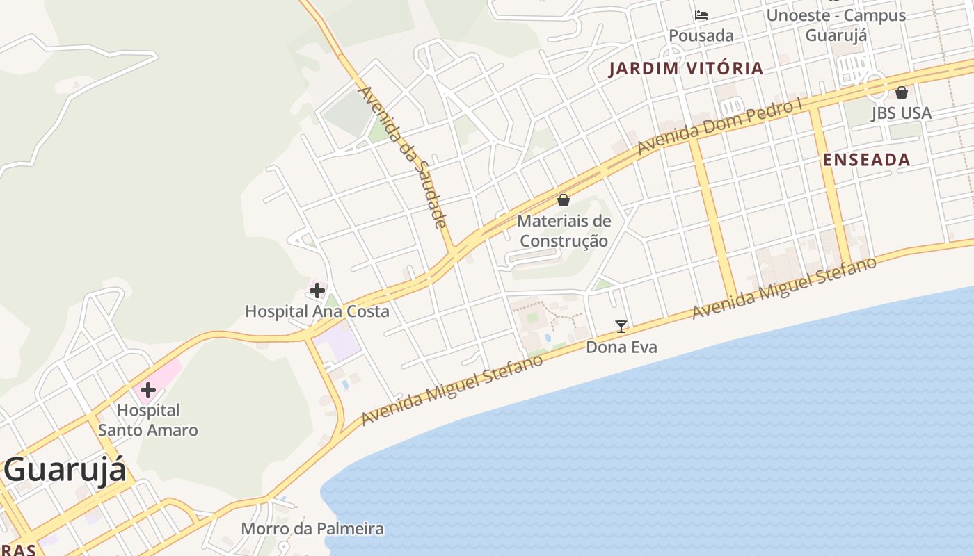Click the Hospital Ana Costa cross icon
317,290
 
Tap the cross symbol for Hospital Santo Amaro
147,389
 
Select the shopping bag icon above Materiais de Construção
564,200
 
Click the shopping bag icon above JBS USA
902,92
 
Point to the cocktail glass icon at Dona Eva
621,326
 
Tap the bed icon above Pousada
701,15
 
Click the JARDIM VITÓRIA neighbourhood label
686,68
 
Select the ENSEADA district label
866,160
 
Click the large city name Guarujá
65,469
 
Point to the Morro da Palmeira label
312,529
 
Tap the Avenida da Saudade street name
401,157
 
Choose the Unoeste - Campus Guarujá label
836,25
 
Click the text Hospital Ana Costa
317,311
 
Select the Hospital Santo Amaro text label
147,420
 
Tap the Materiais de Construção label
564,231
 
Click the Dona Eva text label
621,347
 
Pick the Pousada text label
701,35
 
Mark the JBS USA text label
901,113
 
